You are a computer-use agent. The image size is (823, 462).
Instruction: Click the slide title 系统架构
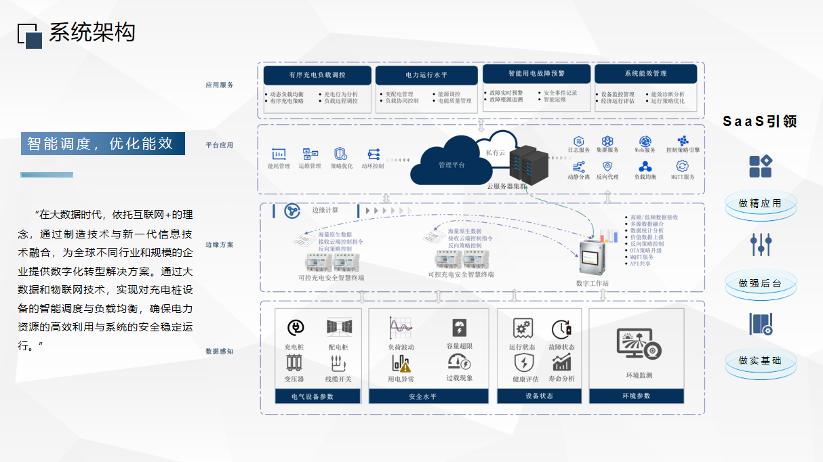92,33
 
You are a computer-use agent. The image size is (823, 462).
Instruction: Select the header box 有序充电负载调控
317,75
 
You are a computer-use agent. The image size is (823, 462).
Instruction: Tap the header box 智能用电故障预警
536,73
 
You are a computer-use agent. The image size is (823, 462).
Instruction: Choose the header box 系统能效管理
645,73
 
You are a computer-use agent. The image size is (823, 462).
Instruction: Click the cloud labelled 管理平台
450,163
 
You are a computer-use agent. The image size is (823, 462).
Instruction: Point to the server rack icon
528,165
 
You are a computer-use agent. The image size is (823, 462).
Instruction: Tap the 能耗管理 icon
279,154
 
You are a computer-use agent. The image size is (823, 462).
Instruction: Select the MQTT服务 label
683,177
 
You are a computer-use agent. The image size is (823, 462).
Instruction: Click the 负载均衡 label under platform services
645,177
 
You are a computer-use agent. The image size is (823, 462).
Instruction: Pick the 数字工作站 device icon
591,257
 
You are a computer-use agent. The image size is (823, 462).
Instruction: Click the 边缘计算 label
325,210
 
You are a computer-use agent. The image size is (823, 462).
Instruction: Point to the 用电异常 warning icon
401,364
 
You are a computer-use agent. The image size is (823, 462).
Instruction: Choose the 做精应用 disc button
760,203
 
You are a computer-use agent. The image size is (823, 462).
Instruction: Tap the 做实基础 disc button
760,360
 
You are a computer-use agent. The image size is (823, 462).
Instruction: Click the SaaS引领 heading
759,122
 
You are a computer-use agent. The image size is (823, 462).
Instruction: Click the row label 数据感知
220,352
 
